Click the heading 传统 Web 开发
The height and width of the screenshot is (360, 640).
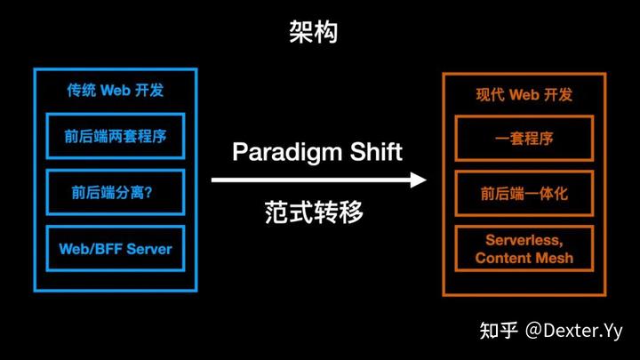point(116,91)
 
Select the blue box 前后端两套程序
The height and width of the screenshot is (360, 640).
point(116,137)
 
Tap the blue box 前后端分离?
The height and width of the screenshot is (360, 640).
point(116,191)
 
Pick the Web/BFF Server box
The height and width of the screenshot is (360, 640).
point(116,248)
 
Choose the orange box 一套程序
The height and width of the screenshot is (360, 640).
point(524,140)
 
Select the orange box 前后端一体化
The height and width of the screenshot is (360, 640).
point(524,195)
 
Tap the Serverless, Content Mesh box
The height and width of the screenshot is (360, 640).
point(524,249)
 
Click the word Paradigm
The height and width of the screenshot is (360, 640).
point(285,152)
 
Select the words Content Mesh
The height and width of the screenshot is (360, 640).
point(524,259)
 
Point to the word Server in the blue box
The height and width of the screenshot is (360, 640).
point(148,248)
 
